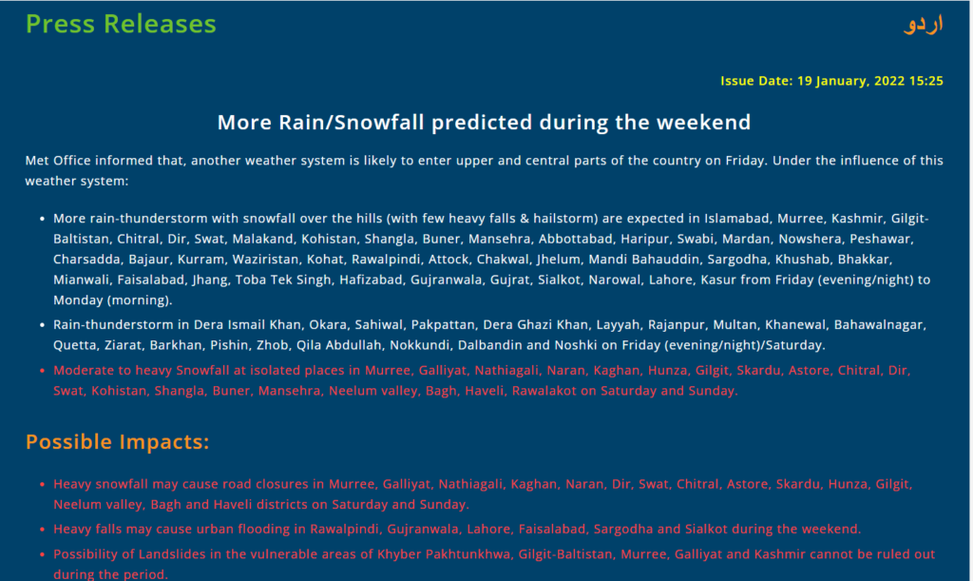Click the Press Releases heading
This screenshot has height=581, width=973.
click(x=121, y=24)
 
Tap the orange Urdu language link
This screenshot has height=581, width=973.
click(x=924, y=24)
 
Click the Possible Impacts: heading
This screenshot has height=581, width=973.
click(x=117, y=442)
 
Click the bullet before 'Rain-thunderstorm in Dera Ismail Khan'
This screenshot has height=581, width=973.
click(x=42, y=324)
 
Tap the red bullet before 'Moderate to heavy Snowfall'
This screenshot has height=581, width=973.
click(x=42, y=371)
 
